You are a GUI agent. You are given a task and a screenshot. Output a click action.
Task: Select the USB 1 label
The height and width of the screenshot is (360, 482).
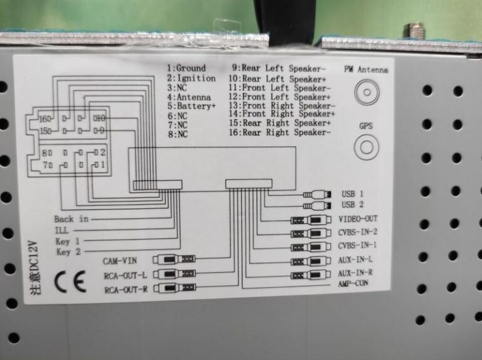[x=353, y=194]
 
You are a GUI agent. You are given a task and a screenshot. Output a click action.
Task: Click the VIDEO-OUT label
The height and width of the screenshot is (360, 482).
[x=358, y=220]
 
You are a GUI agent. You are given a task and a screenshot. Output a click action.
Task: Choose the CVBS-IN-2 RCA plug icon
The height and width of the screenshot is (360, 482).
[x=308, y=233]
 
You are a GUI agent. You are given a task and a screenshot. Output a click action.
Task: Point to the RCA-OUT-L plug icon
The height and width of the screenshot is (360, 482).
[x=178, y=273]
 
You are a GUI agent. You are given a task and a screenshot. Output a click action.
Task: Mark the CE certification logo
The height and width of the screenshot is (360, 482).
[x=70, y=283]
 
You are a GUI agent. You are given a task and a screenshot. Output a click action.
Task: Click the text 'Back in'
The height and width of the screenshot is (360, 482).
[x=71, y=219]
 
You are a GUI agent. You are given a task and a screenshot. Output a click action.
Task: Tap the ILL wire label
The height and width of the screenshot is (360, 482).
[x=63, y=230]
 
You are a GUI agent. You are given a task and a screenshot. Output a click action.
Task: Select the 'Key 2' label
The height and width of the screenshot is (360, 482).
[x=69, y=252]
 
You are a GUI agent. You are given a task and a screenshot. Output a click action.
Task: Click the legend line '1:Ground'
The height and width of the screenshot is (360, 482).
[x=186, y=68]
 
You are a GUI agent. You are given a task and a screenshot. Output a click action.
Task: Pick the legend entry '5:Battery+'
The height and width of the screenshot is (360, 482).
[x=191, y=107]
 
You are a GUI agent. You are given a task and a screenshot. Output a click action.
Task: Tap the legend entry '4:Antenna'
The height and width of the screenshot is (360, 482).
[x=189, y=97]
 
